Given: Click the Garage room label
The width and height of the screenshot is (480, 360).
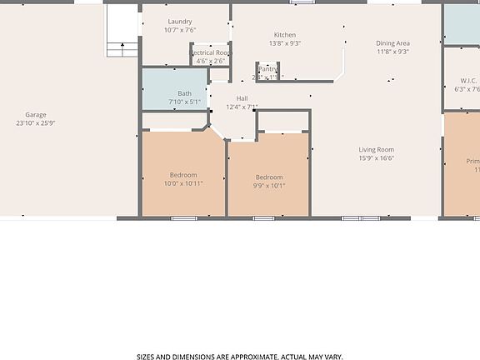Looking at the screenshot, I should pos(35,115).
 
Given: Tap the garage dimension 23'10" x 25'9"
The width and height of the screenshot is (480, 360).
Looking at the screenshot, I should pos(35,123).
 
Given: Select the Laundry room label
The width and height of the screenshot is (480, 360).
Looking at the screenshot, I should pos(179,22).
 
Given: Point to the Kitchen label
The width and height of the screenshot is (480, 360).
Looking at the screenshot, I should pos(285,35).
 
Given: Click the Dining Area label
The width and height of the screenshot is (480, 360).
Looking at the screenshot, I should pos(392,43).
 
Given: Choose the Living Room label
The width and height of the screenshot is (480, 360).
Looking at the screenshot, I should pos(377,149).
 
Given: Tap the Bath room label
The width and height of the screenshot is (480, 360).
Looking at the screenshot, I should pos(184,93).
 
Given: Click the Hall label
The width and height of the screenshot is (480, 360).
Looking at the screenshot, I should pos(242,98).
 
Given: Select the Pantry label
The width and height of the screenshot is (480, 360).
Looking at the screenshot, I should pos(268,69).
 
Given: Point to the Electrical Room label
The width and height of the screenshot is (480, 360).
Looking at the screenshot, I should pos(211,52).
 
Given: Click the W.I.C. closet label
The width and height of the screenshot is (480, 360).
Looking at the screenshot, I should pos(467,81).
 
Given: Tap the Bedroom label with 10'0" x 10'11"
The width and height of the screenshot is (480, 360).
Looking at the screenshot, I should pos(183,175).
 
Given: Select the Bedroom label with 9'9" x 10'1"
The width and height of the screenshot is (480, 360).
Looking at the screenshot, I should pos(269,177).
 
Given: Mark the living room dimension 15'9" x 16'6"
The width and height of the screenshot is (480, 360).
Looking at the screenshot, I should pos(377,158).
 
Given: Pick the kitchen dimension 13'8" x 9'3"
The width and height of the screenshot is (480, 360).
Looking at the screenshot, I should pos(285,43).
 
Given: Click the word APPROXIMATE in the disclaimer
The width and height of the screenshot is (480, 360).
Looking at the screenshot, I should pos(248,356).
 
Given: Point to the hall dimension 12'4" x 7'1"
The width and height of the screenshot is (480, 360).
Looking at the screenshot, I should pos(242,107).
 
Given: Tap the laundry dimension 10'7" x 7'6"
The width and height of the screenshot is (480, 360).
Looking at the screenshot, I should pos(179,30).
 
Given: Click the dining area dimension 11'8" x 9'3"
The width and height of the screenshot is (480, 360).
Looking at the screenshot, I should pos(392,52).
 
